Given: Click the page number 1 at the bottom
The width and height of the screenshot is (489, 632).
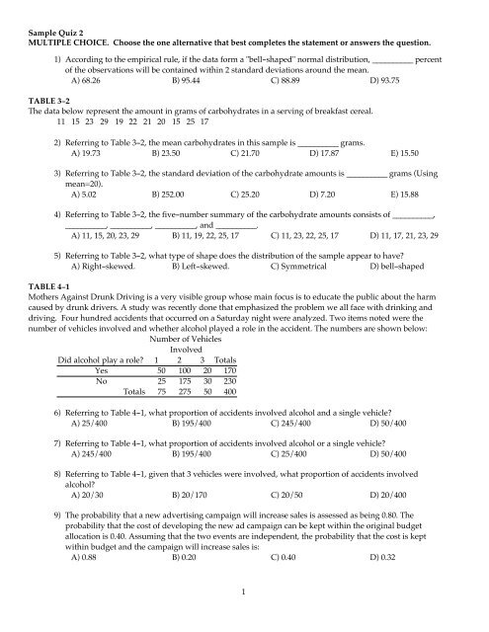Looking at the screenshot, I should (243, 618).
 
